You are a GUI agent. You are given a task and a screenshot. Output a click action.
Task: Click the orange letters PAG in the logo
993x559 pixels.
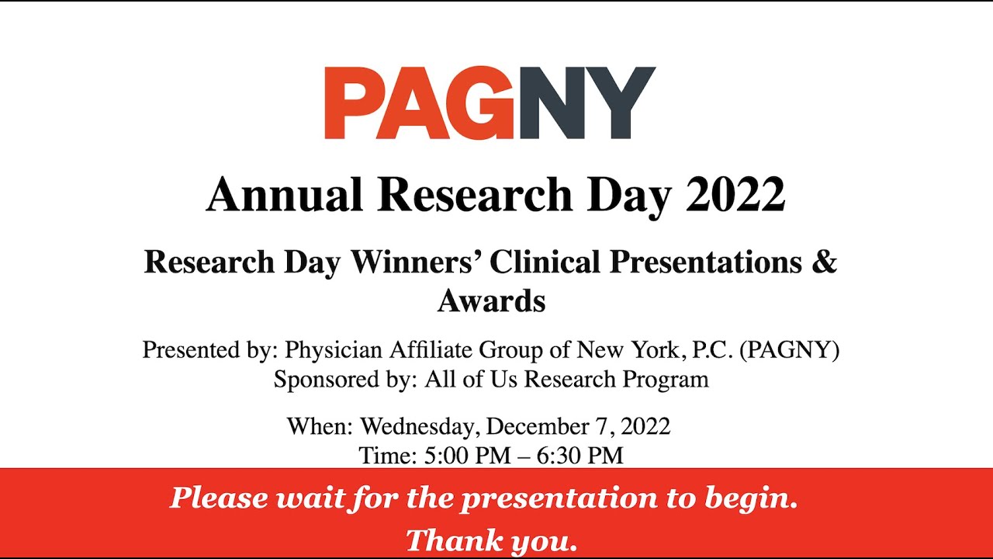419,103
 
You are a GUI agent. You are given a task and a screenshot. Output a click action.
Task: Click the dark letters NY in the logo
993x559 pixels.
586,103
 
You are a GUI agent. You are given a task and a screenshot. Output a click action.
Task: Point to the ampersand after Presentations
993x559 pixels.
825,262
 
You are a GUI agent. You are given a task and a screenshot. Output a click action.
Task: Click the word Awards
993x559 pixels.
491,300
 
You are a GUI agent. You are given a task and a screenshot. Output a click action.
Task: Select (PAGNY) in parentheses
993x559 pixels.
790,350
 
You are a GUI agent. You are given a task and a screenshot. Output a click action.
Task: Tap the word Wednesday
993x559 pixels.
419,426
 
